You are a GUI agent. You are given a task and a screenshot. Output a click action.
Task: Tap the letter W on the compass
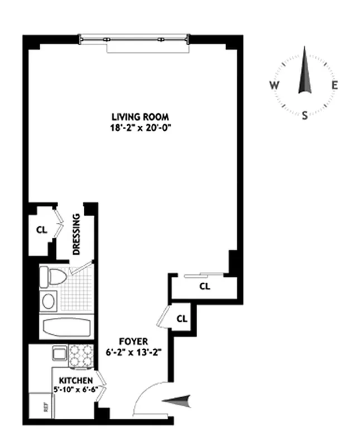[x=274, y=85]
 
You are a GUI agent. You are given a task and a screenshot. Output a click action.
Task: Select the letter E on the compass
[x=335, y=85]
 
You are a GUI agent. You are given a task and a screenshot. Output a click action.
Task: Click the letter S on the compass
[x=305, y=116]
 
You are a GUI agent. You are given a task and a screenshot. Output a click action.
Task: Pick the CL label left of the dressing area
[x=41, y=229]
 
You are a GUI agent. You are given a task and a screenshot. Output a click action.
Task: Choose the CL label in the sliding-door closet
[x=204, y=287]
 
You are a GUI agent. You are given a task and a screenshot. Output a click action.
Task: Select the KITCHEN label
[x=74, y=381]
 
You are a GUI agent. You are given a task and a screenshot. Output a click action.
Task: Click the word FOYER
[x=133, y=341]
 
